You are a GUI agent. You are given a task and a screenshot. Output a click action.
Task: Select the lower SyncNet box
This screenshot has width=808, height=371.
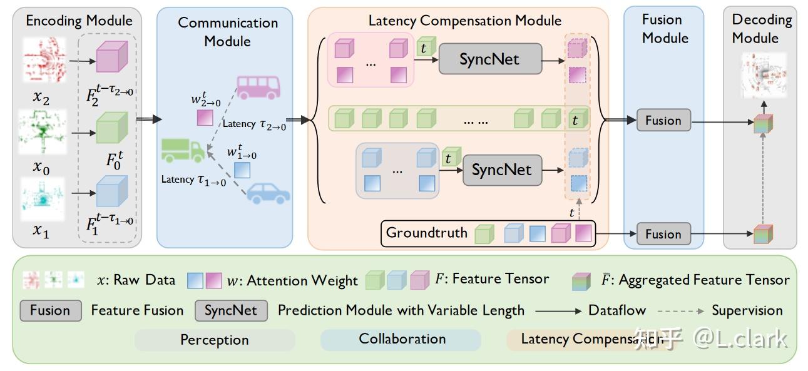[502, 170]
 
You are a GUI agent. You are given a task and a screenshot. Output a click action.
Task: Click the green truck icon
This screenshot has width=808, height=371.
[182, 150]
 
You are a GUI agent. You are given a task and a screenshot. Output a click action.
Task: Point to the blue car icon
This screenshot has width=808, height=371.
[268, 192]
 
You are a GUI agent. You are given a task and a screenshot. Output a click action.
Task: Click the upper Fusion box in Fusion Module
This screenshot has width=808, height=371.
[663, 121]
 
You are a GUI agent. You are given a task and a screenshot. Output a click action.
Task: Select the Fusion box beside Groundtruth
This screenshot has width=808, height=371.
[663, 235]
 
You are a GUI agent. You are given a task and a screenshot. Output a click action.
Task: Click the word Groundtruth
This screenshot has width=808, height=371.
[427, 233]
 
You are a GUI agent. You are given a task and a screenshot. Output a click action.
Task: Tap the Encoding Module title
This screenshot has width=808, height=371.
[79, 21]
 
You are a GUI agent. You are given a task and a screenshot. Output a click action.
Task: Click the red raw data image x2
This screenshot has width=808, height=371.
[44, 60]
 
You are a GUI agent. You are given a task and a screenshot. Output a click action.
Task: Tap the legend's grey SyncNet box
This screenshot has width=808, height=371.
[231, 311]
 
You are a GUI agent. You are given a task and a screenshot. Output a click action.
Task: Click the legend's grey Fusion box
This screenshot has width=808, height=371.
[50, 311]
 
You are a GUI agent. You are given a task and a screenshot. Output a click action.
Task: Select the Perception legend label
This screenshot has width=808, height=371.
[215, 340]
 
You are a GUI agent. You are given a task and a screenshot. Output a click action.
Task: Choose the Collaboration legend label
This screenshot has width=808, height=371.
[402, 339]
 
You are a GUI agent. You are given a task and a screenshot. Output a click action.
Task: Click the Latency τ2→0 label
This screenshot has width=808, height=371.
[254, 125]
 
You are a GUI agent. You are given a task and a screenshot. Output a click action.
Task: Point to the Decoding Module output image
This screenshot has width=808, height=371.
[763, 76]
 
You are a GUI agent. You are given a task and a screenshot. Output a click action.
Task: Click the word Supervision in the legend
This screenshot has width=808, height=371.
[747, 310]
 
